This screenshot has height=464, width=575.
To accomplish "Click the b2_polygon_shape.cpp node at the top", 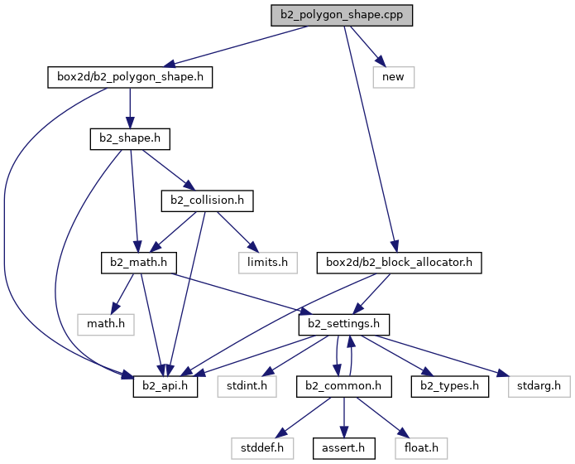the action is pos(342,16).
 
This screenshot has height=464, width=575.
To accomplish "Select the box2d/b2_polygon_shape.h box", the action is pos(130,77).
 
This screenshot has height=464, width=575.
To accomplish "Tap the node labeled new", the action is pos(394,77).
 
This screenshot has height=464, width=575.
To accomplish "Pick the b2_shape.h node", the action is pos(130,139).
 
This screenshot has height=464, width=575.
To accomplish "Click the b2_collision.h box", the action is pos(207,201).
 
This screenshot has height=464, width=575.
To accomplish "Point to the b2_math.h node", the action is pos(139,263).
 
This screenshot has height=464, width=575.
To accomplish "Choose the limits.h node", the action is pos(268,263).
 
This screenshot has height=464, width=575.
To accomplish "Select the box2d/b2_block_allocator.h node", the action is pos(399,263).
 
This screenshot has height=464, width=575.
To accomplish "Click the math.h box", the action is pos(106,325).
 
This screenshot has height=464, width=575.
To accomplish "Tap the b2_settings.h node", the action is pos(344,325).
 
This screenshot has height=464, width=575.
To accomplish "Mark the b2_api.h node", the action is pos(165,386).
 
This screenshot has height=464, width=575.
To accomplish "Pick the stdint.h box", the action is pos(247,386).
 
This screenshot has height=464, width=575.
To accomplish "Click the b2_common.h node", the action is pos(344,386).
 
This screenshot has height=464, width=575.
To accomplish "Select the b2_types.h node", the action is pos(450,386).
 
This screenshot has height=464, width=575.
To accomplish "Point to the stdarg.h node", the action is pos(539,386).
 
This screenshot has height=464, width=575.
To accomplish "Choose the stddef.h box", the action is pos(262,448).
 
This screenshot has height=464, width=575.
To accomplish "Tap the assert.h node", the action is pos(344,448).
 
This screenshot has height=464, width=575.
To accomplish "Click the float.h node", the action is pos(421,448).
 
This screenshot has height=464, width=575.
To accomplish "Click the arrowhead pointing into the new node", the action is pos(381,61).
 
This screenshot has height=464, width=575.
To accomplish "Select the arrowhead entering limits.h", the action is pos(253,247).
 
